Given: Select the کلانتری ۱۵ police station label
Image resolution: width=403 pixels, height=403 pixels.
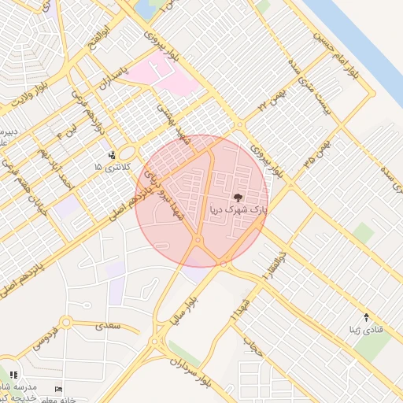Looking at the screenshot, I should [109, 168].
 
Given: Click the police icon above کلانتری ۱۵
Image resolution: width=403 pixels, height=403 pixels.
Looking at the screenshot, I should [111, 155].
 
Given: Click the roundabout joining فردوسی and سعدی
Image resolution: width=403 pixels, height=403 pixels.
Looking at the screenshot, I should [65, 322].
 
